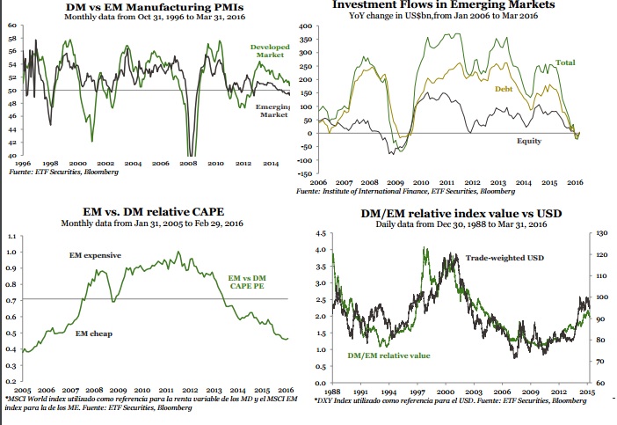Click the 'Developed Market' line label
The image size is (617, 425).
tap(270, 50)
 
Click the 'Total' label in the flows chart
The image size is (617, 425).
tap(566, 62)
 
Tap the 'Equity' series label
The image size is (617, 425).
tap(528, 141)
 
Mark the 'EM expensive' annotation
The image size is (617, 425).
tap(95, 255)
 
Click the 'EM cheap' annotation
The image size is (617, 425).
tap(92, 333)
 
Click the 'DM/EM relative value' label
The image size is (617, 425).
tap(388, 355)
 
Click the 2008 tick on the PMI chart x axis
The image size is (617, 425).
tap(190, 164)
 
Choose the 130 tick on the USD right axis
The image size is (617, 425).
tap(601, 234)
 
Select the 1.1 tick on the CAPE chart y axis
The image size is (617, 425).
tap(10, 237)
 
